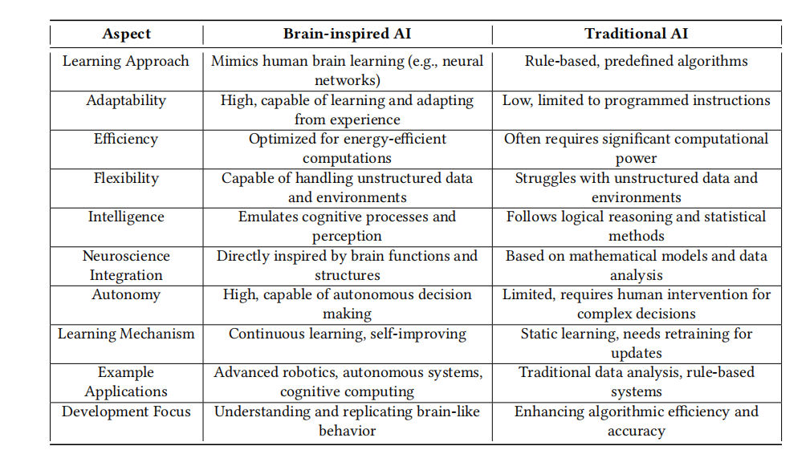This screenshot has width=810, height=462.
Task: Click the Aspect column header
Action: (x=127, y=34)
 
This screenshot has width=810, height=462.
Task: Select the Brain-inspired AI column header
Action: (x=347, y=34)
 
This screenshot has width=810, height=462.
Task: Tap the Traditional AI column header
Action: (x=637, y=34)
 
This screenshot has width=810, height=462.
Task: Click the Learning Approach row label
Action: (x=126, y=62)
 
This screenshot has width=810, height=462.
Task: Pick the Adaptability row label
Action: (x=126, y=100)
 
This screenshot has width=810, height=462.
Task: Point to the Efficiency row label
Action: (x=126, y=140)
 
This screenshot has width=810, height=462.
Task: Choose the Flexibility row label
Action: (x=126, y=179)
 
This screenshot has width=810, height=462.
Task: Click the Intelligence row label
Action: (x=126, y=217)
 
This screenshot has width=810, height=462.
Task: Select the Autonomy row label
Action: (x=126, y=294)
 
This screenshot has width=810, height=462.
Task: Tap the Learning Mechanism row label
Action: (x=126, y=334)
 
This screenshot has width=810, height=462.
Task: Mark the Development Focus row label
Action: (x=126, y=411)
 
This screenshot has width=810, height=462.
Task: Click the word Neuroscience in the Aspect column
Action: (x=126, y=256)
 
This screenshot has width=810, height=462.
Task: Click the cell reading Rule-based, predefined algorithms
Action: (x=637, y=62)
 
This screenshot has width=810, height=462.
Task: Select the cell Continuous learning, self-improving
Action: (x=347, y=334)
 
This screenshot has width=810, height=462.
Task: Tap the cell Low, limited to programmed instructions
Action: (x=637, y=100)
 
